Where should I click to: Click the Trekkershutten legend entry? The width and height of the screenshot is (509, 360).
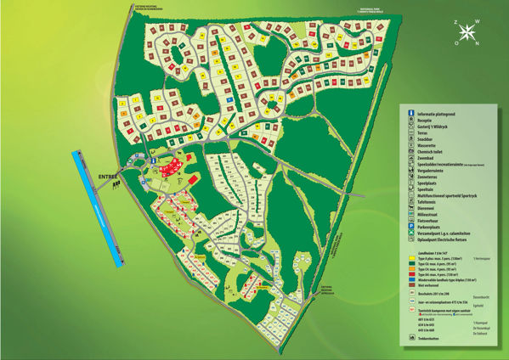(438, 338)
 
